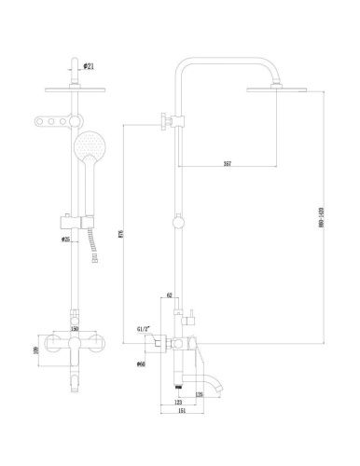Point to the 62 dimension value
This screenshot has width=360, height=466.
[172, 295]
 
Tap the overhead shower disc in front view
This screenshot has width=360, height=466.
[74, 90]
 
